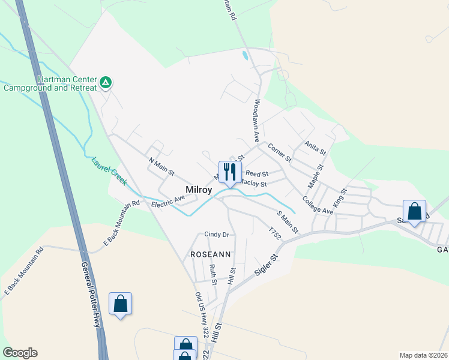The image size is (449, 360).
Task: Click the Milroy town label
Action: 198,190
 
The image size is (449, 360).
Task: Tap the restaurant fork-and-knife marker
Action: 230,172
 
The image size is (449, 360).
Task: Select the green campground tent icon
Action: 106,82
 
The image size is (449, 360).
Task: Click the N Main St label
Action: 161,166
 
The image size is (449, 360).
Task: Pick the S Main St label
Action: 288,223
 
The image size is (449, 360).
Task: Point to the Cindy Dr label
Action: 217,235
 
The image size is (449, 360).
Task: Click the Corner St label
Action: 279,152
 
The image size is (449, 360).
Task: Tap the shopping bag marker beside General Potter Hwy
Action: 120,304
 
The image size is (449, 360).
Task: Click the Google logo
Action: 20,353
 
